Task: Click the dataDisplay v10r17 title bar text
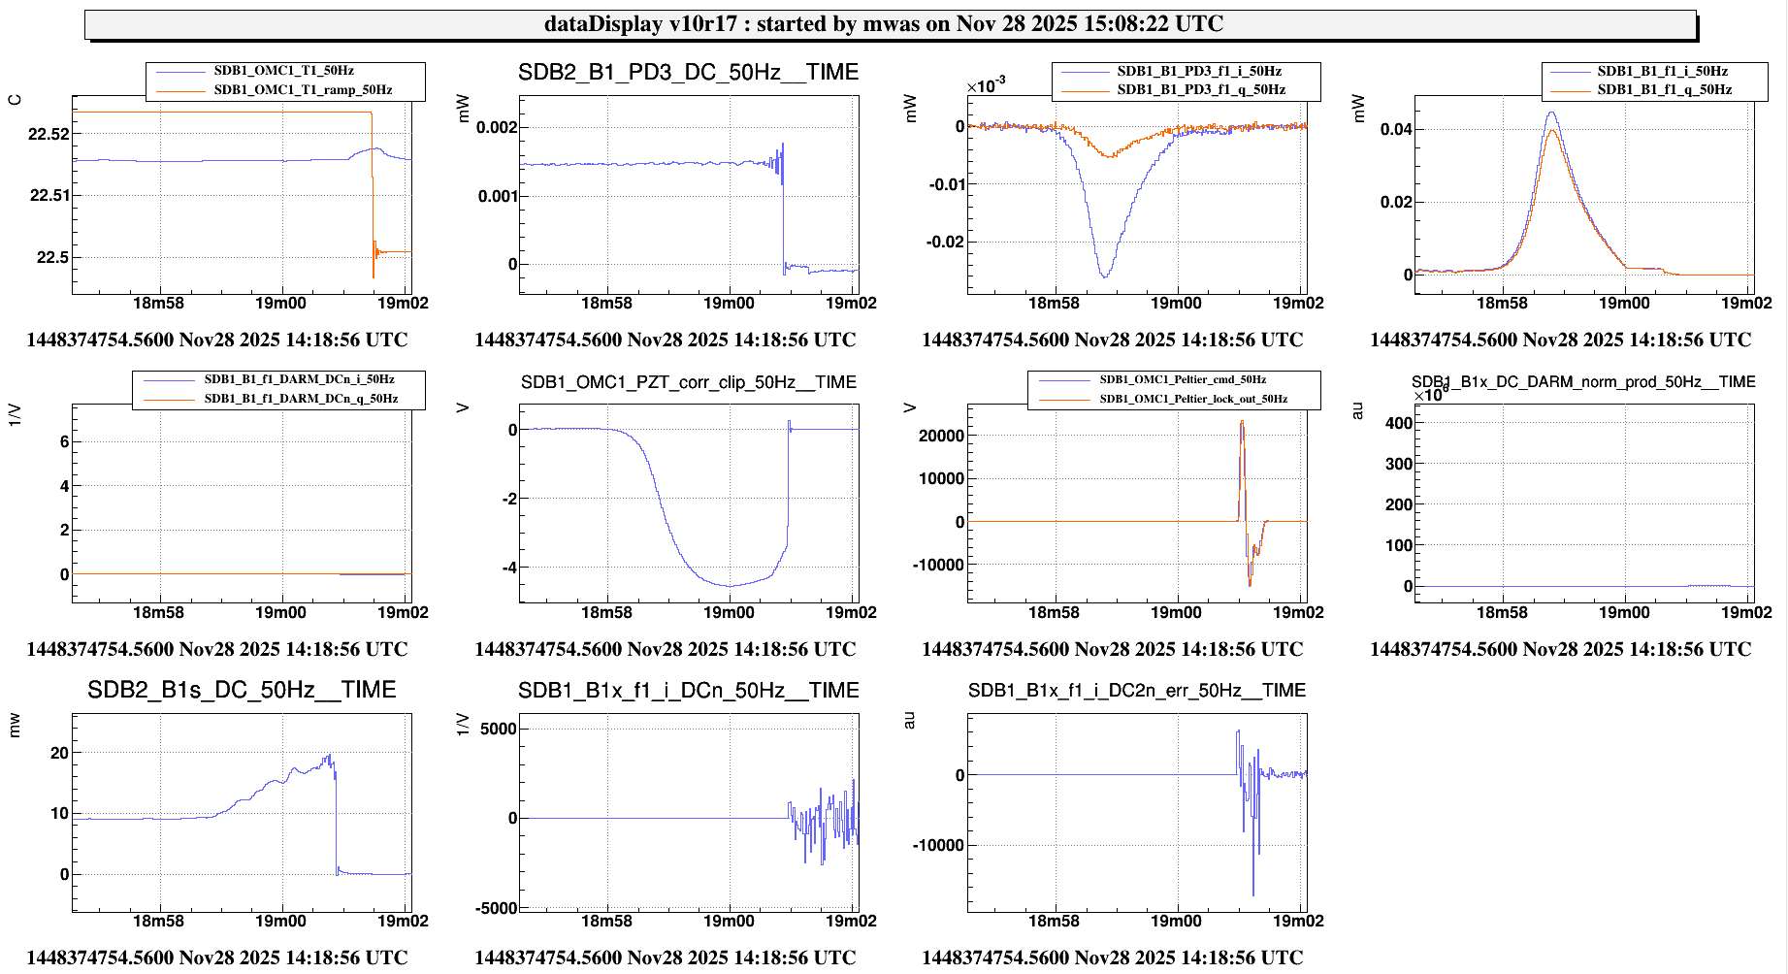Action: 883,24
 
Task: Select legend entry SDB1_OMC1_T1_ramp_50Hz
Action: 303,90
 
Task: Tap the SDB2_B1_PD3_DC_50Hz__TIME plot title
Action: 688,73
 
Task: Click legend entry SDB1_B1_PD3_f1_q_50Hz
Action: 1201,90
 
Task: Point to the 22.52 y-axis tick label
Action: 49,134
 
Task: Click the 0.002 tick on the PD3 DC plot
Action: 497,127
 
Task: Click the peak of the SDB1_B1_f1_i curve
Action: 1551,113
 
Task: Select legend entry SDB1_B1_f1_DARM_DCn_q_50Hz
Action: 301,399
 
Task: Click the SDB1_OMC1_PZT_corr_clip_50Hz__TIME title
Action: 688,382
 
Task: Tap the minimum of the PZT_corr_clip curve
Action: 730,586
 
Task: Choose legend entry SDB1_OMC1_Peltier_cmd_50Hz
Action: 1182,379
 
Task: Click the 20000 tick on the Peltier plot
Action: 941,436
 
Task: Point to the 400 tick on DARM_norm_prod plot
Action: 1399,423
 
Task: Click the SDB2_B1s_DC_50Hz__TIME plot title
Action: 242,690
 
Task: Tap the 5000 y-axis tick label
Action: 499,729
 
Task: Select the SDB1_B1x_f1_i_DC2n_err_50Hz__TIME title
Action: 1136,690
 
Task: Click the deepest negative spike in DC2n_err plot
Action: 1252,894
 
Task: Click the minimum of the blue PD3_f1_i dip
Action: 1104,277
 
